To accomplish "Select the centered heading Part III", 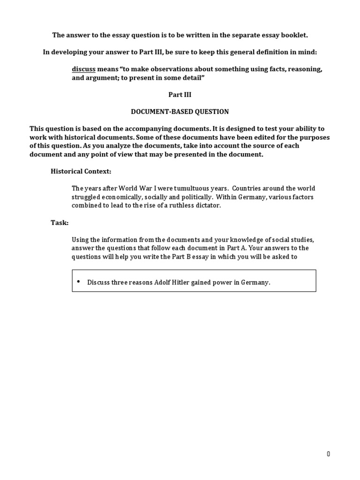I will [180, 95].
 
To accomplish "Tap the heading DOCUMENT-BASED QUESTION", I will [180, 112].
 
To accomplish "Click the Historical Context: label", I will [81, 172].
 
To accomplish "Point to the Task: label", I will [60, 223].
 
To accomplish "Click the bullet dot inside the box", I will [78, 281].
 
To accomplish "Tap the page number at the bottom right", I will [329, 454].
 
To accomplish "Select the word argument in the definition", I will [99, 78].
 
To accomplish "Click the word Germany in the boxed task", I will [256, 283].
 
